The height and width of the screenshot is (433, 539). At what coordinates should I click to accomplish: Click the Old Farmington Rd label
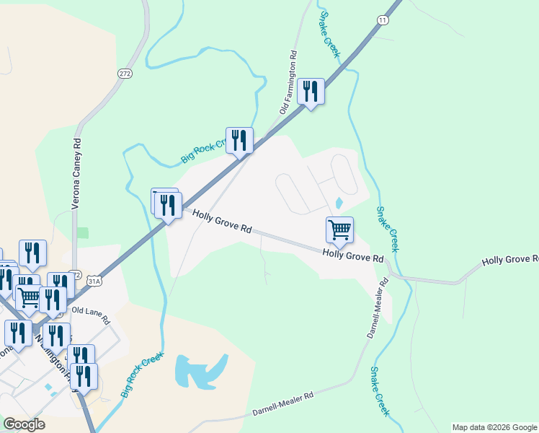pyautogui.click(x=289, y=82)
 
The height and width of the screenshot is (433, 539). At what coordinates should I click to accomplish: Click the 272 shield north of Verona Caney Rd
pyautogui.click(x=125, y=74)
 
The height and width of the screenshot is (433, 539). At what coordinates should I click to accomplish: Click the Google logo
pyautogui.click(x=24, y=424)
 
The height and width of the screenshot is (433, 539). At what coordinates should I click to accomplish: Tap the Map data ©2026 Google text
pyautogui.click(x=494, y=427)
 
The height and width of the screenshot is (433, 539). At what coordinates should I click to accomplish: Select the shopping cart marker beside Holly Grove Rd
pyautogui.click(x=339, y=231)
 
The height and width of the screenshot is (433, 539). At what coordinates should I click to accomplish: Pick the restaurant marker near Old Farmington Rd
pyautogui.click(x=311, y=92)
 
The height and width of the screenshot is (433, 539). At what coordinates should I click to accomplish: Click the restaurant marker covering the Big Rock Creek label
pyautogui.click(x=239, y=141)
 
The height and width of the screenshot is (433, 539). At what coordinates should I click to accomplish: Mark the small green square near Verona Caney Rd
pyautogui.click(x=83, y=233)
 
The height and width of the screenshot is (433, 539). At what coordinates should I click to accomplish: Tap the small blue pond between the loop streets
pyautogui.click(x=339, y=203)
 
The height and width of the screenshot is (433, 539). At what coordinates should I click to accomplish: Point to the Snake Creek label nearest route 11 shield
pyautogui.click(x=330, y=34)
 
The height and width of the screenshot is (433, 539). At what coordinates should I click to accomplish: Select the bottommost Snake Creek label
pyautogui.click(x=379, y=390)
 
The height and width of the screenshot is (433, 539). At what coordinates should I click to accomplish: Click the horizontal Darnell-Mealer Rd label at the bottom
pyautogui.click(x=283, y=404)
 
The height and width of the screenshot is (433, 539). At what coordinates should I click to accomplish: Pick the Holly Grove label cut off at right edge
pyautogui.click(x=510, y=260)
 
